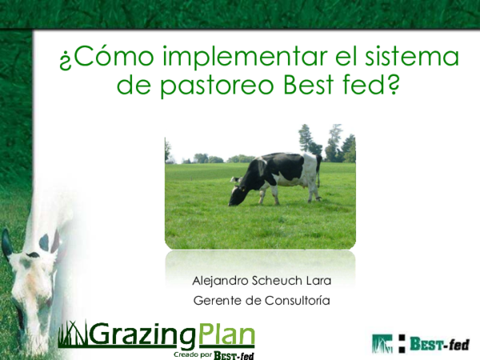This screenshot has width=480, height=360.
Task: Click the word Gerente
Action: coord(218,301)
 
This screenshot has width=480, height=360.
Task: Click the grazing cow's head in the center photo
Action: coord(238,195)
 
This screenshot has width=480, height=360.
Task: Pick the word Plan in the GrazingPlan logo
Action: coord(226,334)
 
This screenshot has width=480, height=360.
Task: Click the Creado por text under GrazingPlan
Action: coord(192,354)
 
